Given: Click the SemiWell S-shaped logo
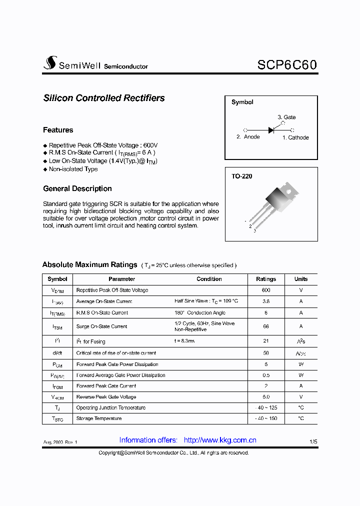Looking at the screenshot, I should coord(50,63).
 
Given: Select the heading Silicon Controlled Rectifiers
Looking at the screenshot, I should coord(104,98).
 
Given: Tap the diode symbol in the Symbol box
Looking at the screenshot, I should coord(271,130).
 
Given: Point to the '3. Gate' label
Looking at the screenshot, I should coord(286,117).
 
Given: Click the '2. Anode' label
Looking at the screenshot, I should coord(248,137).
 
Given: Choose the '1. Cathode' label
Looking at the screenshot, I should coord(295,137).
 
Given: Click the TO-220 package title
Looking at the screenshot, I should coord(241,176).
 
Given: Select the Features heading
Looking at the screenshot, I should coord(58,130).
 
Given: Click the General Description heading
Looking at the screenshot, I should coord(77,188).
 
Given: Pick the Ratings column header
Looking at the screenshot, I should coord(266,279).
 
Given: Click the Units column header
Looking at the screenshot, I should coord(301,279).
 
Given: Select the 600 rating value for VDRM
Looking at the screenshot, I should coord(266,290).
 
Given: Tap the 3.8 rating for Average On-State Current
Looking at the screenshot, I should coord(266,301).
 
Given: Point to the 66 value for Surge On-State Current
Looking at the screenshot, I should coord(266,326).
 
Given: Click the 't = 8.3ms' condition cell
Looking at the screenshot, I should coord(184,341).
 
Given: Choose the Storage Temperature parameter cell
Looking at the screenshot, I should coord(99,418).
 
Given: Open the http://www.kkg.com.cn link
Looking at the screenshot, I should coord(220,440).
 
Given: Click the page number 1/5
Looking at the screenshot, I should coord(313,442).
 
